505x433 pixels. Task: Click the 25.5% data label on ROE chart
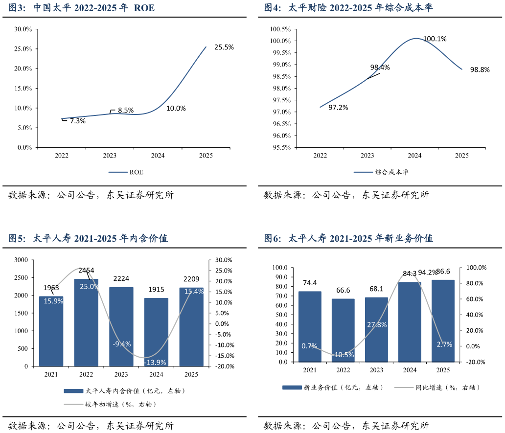224,47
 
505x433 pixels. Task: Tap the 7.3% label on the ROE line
77,121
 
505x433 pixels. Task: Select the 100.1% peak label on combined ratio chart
435,39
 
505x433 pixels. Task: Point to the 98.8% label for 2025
480,70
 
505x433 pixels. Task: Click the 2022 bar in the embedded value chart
86,323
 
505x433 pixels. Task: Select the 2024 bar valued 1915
156,333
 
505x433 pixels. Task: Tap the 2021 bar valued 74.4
310,327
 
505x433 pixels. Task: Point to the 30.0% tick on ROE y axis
23,29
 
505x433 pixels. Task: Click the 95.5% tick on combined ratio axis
280,147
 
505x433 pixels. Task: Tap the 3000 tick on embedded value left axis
21,260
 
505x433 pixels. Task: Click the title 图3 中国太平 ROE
81,8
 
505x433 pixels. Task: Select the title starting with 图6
348,239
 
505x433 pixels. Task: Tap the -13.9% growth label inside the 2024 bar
156,363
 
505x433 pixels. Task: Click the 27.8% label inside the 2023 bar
377,324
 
